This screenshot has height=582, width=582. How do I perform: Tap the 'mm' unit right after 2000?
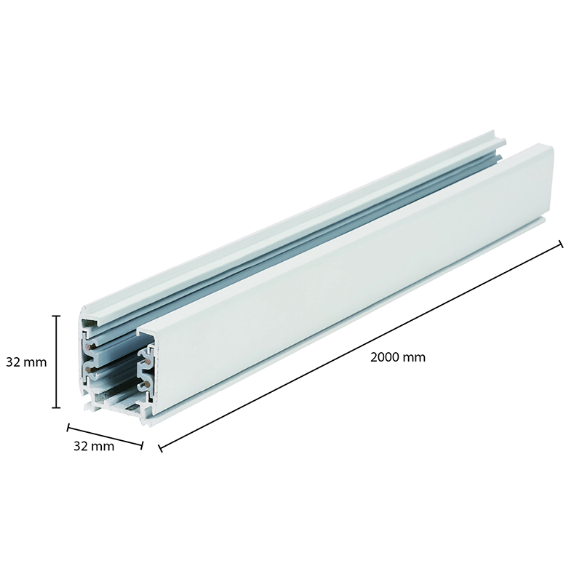pos(414,357)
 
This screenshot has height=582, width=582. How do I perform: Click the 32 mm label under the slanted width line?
pos(94,447)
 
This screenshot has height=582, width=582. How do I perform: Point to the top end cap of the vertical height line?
pos(57,316)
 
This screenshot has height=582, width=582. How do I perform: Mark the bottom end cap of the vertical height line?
pos(57,407)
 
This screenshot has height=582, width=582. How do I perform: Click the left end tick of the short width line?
pos(68,428)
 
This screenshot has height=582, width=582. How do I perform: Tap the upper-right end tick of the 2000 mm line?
pos(560,244)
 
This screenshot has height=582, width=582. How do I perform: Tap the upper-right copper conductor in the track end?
pos(148,359)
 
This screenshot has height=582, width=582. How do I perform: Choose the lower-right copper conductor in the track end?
pos(148,380)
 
